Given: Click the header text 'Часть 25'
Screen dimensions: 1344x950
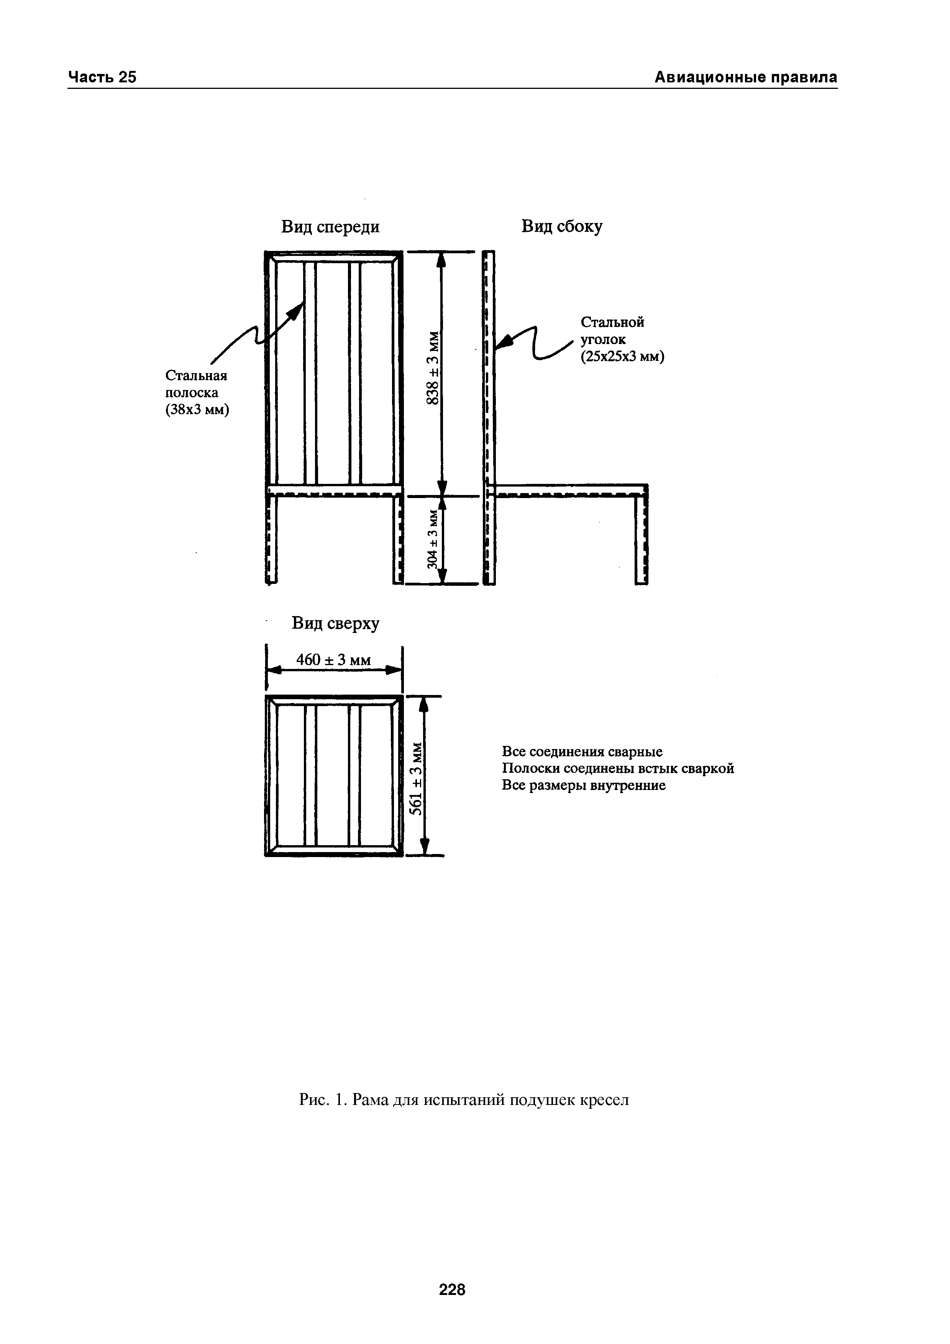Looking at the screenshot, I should coord(102,77).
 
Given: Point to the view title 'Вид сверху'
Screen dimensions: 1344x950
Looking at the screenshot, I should coord(335,623).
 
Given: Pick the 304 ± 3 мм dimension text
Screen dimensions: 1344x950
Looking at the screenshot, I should coord(433,539).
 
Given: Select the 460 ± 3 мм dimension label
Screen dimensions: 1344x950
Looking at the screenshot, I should coord(334,660).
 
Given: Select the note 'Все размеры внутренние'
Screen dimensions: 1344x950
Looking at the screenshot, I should coord(584,785).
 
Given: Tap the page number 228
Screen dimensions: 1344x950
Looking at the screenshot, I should coord(452,1256).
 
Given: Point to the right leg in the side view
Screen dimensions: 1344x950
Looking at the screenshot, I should coord(642,539).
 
